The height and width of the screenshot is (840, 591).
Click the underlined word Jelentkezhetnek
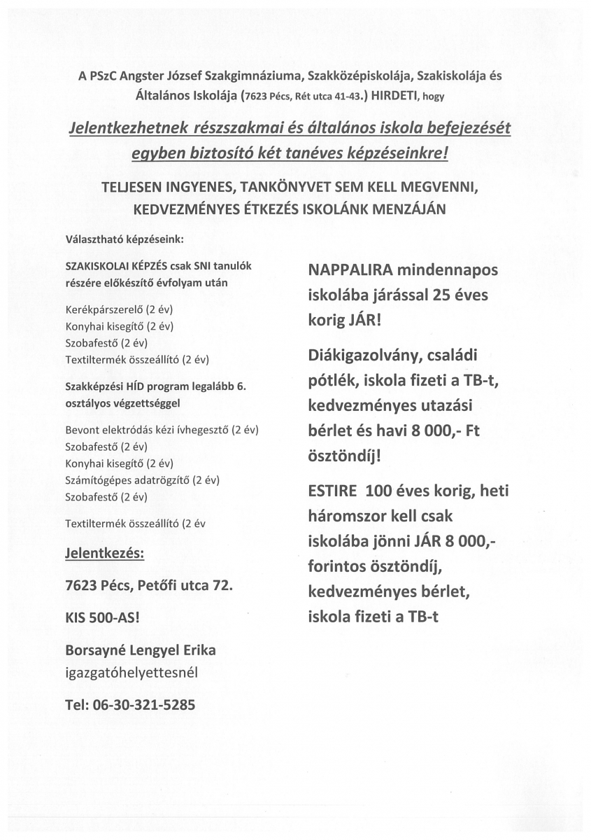click(x=134, y=129)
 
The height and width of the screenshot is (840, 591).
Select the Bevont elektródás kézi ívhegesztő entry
click(x=166, y=429)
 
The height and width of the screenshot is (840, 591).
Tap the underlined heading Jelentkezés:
click(x=104, y=554)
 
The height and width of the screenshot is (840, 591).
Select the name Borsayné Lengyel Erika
click(x=141, y=650)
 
